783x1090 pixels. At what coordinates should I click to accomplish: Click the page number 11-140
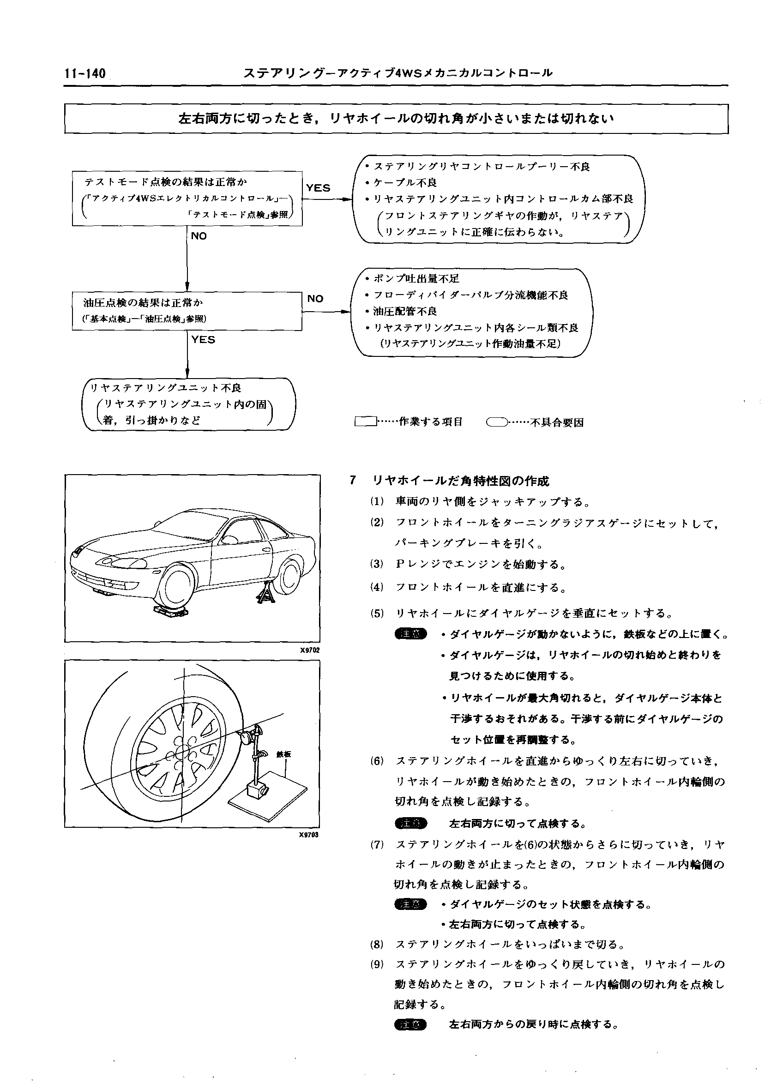click(x=84, y=73)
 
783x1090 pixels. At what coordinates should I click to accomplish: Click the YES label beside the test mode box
click(x=318, y=188)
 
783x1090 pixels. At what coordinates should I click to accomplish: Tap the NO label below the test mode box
click(x=199, y=236)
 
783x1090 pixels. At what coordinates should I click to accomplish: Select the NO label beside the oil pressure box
click(x=315, y=298)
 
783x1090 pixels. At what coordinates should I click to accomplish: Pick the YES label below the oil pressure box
click(x=203, y=340)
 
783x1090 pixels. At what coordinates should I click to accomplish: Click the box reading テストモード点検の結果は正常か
click(x=187, y=198)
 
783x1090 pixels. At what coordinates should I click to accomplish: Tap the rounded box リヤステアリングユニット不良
click(x=188, y=404)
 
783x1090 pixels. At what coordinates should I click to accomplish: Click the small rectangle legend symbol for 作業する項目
click(x=366, y=422)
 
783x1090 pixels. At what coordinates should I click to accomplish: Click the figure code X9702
click(x=309, y=650)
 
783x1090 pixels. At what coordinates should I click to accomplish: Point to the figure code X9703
click(x=309, y=835)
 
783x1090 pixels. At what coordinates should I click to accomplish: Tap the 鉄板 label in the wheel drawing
click(x=283, y=754)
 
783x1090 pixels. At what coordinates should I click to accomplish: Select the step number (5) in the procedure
click(x=377, y=613)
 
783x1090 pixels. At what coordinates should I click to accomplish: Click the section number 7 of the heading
click(x=353, y=480)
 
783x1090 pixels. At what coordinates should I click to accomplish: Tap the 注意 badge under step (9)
click(x=410, y=1024)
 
